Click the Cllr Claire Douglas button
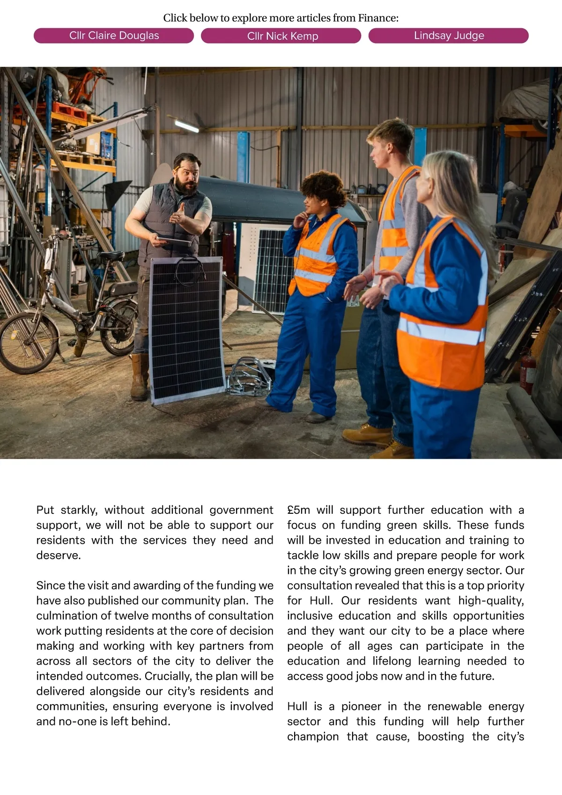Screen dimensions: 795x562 (114, 36)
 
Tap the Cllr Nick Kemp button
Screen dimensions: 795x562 (281, 36)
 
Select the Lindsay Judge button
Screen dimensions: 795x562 (448, 36)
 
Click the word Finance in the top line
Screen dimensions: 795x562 (377, 18)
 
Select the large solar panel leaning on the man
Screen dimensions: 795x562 (186, 328)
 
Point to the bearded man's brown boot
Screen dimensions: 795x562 (139, 377)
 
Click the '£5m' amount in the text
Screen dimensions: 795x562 (298, 510)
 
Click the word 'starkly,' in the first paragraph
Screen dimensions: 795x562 (79, 510)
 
